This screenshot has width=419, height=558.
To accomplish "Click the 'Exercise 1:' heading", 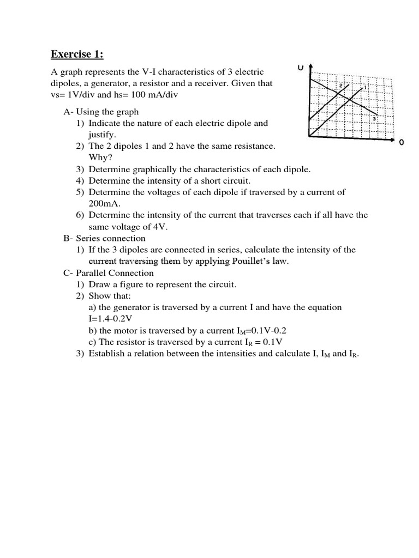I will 77,54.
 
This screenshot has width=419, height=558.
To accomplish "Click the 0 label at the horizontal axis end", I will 402,142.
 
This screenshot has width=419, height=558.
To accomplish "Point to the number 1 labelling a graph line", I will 364,87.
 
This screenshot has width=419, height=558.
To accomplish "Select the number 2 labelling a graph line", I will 341,86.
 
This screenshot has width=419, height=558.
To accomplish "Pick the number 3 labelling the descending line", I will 375,119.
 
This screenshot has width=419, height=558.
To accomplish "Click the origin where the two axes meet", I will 310,136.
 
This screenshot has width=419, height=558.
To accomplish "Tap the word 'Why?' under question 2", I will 100,157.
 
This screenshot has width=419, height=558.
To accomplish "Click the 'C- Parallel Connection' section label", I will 109,273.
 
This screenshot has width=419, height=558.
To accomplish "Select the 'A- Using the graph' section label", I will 101,112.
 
